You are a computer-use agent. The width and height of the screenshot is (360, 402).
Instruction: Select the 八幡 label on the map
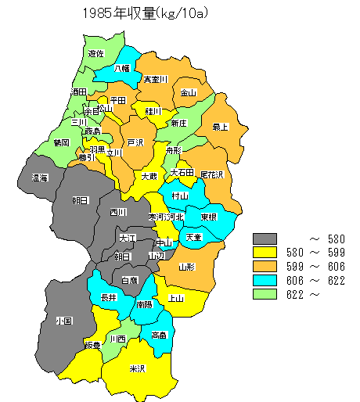point(121,69)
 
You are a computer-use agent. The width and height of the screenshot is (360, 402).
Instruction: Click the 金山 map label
point(189,93)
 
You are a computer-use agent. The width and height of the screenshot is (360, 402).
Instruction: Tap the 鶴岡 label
point(62,143)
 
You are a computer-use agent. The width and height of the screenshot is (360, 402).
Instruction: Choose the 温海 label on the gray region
point(40,178)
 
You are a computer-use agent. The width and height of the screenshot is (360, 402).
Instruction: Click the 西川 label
point(118,212)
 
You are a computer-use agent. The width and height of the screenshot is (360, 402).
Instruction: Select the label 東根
point(208,217)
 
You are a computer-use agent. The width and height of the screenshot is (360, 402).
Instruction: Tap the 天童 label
point(193,237)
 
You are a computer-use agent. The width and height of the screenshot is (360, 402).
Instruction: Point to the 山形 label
point(186,267)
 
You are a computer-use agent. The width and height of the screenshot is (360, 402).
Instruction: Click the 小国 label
point(63,321)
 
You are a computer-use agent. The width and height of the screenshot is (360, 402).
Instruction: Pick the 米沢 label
point(138,368)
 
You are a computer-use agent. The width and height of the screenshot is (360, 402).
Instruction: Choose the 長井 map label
point(109,298)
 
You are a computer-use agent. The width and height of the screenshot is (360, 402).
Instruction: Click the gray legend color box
point(266,238)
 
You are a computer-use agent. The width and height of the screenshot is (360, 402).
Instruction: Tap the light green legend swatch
point(266,294)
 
